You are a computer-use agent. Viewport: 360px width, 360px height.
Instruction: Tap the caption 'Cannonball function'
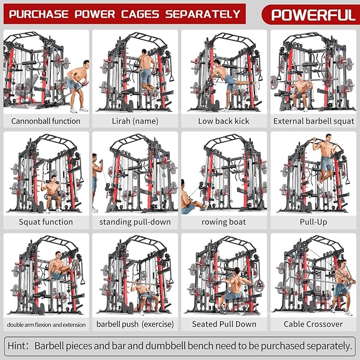(x=46, y=121)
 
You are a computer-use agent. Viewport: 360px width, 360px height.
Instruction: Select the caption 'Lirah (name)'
(x=135, y=121)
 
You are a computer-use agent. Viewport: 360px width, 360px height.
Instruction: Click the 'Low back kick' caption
(x=224, y=121)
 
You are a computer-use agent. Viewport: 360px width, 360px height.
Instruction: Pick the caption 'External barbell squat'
(x=313, y=121)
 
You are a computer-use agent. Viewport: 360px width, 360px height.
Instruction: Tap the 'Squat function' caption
(x=46, y=222)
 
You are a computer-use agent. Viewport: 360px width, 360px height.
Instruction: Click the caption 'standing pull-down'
(x=135, y=222)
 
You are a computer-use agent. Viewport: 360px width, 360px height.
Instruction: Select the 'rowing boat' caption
(x=224, y=222)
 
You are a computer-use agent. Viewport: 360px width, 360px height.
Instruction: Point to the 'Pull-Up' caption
(x=313, y=222)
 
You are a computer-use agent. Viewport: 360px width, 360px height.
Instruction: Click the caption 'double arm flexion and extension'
(x=46, y=324)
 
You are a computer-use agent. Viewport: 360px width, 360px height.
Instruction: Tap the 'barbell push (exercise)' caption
(x=135, y=324)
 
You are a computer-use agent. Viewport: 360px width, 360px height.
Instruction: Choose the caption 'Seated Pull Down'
(x=224, y=324)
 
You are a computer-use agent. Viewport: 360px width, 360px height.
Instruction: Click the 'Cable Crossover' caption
(x=313, y=324)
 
